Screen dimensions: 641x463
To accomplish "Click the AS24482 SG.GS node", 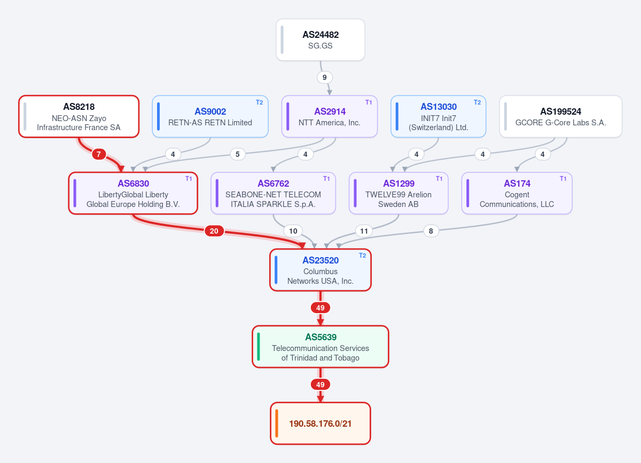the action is tap(320, 39).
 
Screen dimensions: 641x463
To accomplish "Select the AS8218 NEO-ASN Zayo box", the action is tap(79, 117).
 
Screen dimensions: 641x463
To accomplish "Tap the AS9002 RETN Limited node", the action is tap(210, 117).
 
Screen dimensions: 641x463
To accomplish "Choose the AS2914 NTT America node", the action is tap(330, 117).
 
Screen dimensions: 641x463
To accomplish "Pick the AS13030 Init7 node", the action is tap(439, 117).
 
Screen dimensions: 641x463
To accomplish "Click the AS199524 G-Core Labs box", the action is tap(560, 117).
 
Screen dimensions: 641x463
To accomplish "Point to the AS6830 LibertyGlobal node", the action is tap(133, 193).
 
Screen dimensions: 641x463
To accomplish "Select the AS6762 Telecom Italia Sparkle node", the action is tap(273, 193).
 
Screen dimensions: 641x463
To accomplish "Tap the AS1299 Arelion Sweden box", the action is tap(398, 193).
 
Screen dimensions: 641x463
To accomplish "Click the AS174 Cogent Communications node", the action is tap(517, 193).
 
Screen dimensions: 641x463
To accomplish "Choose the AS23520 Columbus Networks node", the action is tap(320, 270).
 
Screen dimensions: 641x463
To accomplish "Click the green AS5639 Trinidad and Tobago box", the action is tap(320, 347).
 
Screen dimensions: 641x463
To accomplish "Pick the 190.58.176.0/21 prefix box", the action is tap(320, 424).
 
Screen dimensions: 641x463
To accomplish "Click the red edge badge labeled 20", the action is tap(214, 231).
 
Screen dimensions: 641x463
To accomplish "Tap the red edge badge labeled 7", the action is tap(99, 154).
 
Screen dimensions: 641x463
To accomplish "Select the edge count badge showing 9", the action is tap(325, 77).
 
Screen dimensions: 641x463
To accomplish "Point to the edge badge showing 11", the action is tap(364, 231).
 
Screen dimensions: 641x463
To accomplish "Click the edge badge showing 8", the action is tap(431, 231).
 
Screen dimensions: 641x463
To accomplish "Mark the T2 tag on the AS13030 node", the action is tap(477, 102).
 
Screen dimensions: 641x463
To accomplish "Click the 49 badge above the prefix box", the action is tap(320, 385).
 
